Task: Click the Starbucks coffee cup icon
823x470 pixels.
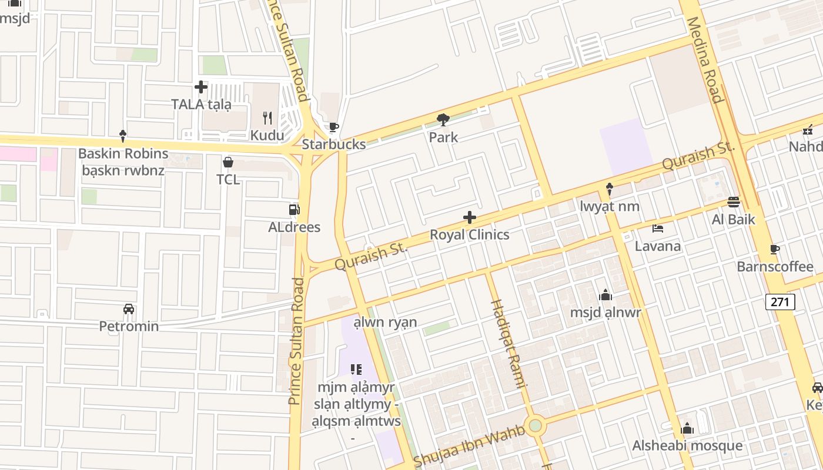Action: [334, 127]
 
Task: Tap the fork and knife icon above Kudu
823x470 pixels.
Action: [267, 118]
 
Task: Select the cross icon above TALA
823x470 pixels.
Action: [201, 87]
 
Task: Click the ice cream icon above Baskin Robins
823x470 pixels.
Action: [123, 136]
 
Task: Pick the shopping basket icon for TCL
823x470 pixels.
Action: [228, 162]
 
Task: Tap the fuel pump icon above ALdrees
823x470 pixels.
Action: [294, 210]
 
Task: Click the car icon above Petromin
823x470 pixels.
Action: [129, 309]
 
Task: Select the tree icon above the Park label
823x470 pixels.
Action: [443, 120]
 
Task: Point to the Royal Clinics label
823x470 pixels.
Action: [469, 234]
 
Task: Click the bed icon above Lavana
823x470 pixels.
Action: [658, 229]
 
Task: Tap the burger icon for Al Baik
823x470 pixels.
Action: [733, 202]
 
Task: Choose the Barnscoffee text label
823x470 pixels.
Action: [775, 267]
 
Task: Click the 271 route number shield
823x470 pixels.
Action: [780, 302]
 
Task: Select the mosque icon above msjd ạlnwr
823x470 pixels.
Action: [605, 295]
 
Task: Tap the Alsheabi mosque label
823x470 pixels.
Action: [687, 445]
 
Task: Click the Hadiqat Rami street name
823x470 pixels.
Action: [507, 344]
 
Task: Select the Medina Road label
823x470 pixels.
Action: [704, 59]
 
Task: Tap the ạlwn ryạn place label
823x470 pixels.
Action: [385, 322]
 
